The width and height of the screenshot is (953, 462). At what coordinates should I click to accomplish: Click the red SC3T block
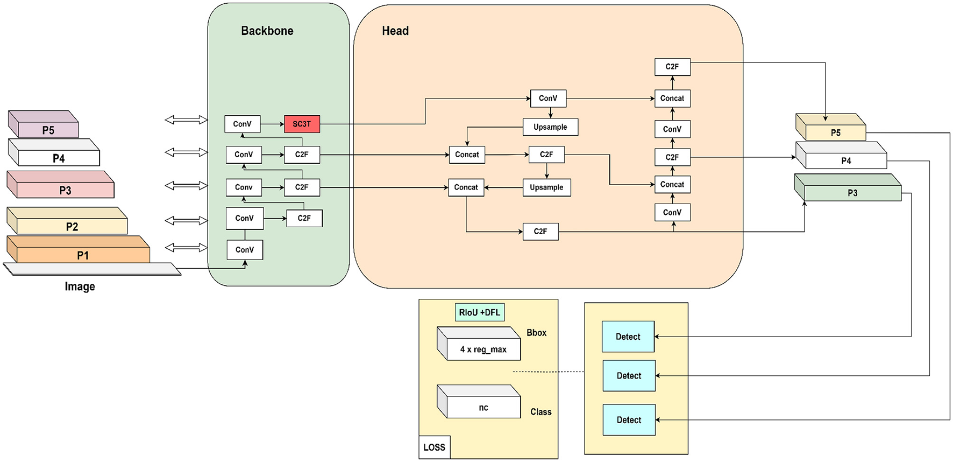click(x=302, y=124)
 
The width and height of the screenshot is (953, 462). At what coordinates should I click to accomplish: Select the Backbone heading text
click(x=267, y=31)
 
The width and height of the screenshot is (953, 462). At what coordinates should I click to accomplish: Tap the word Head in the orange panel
click(x=395, y=31)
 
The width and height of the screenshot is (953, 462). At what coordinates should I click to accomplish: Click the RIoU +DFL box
click(x=479, y=312)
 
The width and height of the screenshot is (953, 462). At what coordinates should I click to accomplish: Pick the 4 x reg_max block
click(x=483, y=349)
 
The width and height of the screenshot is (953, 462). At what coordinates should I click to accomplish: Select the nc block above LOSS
click(x=483, y=408)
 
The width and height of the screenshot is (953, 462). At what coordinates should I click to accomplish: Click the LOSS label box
click(x=434, y=447)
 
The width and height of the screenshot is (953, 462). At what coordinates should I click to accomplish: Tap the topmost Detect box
click(x=628, y=337)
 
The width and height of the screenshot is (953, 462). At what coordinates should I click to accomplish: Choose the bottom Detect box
click(x=629, y=420)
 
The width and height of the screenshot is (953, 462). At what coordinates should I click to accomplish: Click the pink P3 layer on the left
click(x=65, y=190)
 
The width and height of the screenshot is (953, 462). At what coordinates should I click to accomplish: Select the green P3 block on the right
click(x=852, y=193)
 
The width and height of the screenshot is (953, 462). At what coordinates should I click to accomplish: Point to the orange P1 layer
click(x=82, y=255)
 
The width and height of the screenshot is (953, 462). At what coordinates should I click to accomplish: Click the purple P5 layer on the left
click(x=48, y=130)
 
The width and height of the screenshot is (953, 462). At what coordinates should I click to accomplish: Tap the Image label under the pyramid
click(x=80, y=286)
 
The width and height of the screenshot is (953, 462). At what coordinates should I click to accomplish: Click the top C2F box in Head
click(x=672, y=67)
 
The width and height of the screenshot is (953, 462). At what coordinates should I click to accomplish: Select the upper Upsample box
click(x=550, y=127)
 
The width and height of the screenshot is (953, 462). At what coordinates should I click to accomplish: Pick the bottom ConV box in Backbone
click(x=244, y=250)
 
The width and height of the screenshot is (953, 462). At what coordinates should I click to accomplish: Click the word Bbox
click(x=536, y=333)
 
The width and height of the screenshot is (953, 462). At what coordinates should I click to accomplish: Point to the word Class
click(x=540, y=412)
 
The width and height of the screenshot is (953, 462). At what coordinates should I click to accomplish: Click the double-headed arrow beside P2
click(x=186, y=220)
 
